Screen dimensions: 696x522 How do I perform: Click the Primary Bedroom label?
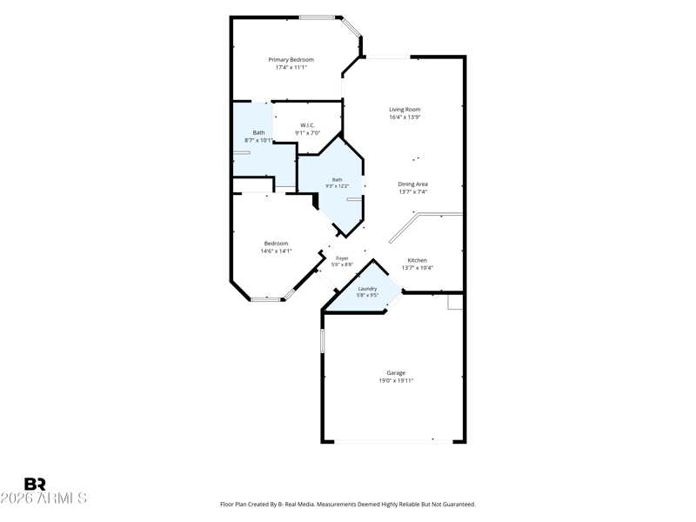click(x=291, y=59)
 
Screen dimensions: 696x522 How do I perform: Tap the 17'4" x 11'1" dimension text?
click(x=291, y=68)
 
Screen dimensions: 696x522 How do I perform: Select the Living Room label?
click(x=405, y=110)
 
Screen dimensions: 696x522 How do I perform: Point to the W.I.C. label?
click(x=308, y=125)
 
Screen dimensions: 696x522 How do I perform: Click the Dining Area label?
click(x=412, y=184)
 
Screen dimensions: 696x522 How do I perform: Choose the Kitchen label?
click(x=418, y=260)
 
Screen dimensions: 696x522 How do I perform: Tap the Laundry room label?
click(x=367, y=289)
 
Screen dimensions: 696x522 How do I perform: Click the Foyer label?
click(x=342, y=258)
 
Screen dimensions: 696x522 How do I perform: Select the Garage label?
click(x=396, y=373)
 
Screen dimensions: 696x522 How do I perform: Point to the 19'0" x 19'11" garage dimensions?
click(x=396, y=380)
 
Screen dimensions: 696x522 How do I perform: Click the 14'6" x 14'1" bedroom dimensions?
click(x=276, y=251)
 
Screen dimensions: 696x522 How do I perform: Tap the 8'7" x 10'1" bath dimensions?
click(x=258, y=140)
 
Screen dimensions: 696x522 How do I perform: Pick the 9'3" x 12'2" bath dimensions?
click(x=338, y=186)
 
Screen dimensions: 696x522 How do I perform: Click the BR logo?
click(x=35, y=484)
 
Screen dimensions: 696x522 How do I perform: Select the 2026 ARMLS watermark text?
click(x=43, y=498)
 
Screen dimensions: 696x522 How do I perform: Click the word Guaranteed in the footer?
click(x=461, y=505)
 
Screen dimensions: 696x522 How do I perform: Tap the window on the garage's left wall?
click(x=323, y=340)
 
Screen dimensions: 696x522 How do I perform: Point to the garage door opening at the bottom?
click(x=393, y=441)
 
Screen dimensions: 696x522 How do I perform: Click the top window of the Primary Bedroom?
click(x=317, y=17)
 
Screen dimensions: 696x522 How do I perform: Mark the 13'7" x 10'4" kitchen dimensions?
click(x=418, y=268)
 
